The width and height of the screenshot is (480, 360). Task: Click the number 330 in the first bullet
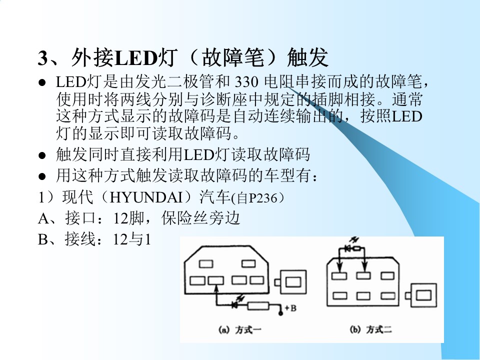246,82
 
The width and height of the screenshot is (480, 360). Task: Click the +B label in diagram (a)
290,308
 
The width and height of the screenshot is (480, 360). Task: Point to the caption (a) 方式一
240,329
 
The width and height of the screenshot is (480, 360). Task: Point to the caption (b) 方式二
370,329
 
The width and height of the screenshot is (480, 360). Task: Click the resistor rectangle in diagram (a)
258,306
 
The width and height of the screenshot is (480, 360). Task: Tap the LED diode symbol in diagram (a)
235,304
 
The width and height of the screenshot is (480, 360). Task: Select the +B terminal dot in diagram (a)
280,313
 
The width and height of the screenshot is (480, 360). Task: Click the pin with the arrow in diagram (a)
216,280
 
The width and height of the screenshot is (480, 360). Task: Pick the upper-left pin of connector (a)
206,264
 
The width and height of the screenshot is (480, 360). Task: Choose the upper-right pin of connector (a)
248,263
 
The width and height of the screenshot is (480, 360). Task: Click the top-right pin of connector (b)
387,275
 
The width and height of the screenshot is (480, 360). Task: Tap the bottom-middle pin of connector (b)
363,295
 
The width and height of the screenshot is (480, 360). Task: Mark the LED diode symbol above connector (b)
348,248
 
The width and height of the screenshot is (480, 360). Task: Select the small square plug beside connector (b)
421,295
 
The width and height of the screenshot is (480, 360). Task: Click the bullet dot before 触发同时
42,155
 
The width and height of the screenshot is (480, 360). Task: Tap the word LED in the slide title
136,58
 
